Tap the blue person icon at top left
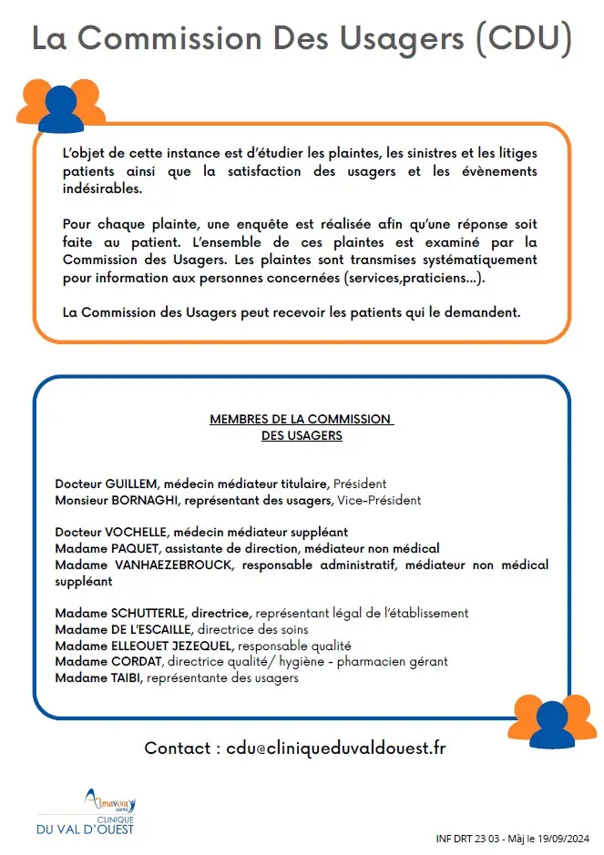[60, 108]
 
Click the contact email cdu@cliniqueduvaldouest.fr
[337, 748]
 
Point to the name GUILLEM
[133, 483]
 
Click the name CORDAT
[137, 661]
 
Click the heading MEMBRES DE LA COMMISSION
[301, 420]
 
